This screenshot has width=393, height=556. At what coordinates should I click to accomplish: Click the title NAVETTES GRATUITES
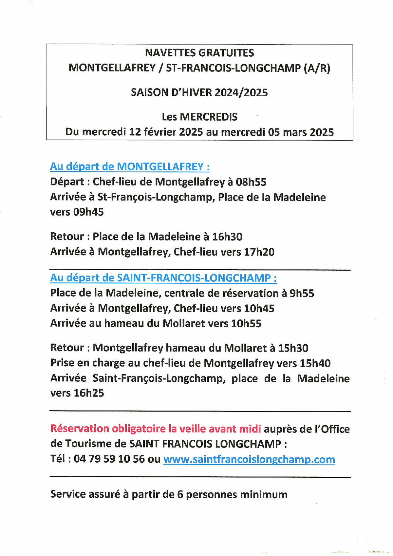[199, 53]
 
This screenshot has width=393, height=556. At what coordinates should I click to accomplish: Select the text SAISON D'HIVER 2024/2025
[199, 92]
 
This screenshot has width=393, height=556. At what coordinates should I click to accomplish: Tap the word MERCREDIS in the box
[209, 117]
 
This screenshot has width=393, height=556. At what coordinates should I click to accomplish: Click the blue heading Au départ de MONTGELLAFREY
[130, 167]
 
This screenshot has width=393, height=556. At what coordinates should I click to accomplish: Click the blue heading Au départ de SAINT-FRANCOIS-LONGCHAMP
[163, 278]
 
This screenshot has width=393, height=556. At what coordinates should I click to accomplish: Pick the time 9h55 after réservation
[302, 293]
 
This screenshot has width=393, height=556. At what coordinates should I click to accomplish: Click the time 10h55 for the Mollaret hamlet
[246, 324]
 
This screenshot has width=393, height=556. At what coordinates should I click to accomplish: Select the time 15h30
[293, 348]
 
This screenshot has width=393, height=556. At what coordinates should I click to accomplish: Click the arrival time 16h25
[89, 393]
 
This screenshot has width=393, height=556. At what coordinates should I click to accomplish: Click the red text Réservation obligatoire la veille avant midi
[156, 429]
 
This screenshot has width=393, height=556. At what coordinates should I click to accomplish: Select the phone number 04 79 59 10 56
[109, 459]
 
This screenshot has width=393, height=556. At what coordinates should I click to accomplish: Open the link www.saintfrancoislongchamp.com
[249, 459]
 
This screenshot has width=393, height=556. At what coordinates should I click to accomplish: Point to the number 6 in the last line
[180, 494]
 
